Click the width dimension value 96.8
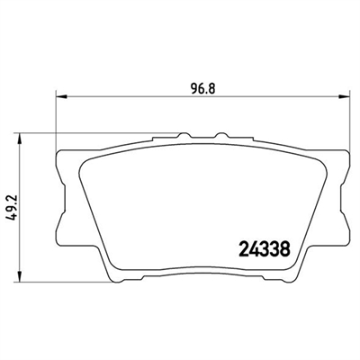point(203,89)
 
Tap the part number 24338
point(265,248)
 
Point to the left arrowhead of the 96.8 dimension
point(61,96)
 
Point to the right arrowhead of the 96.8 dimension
point(345,96)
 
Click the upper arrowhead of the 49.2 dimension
point(20,139)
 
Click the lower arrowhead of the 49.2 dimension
point(20,276)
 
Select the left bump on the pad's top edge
point(184,135)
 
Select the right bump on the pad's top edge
point(222,135)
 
